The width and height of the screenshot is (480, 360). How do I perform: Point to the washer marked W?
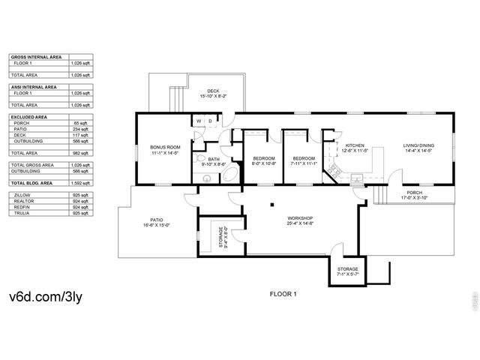[199, 121]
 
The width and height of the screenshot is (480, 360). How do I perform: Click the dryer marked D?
[211, 121]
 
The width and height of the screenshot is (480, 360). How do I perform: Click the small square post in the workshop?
[272, 207]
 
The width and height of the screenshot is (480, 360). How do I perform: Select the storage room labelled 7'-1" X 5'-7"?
[346, 271]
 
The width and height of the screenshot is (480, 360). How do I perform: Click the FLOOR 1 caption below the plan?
[283, 295]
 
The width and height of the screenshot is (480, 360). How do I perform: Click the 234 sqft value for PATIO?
[79, 129]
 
